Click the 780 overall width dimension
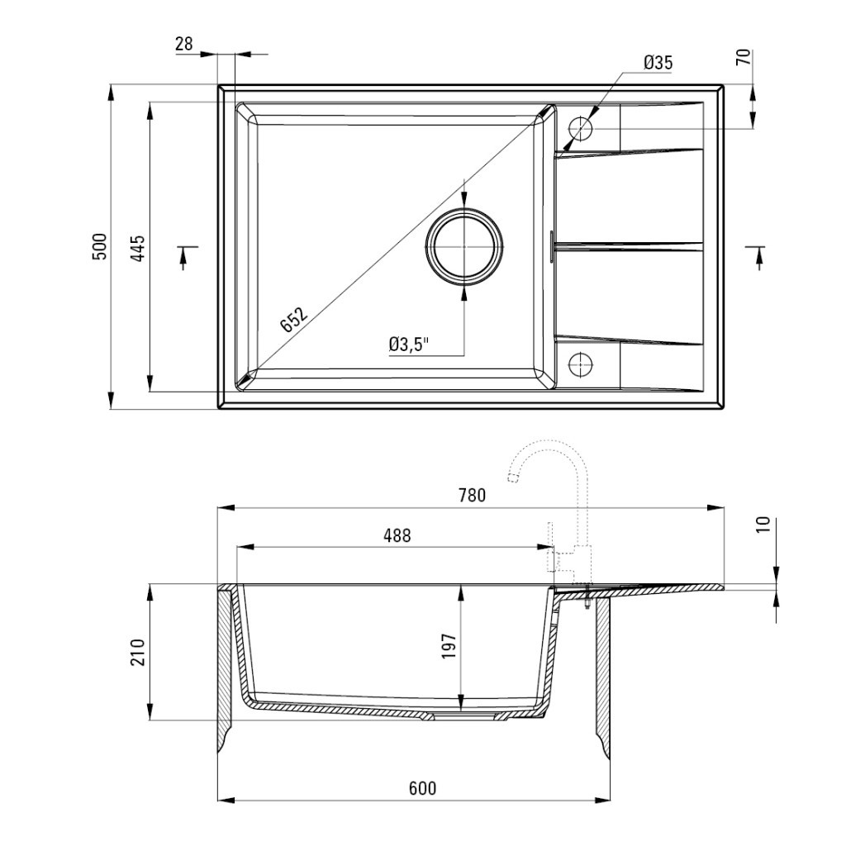point(472,495)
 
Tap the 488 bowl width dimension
point(397,535)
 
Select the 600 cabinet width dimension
point(422,788)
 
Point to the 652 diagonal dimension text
point(293,319)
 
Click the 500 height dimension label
point(100,246)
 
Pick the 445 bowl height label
point(138,248)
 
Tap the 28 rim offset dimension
point(184,44)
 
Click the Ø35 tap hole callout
point(658,63)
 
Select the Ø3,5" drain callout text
point(408,345)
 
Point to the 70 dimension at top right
point(744,57)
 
